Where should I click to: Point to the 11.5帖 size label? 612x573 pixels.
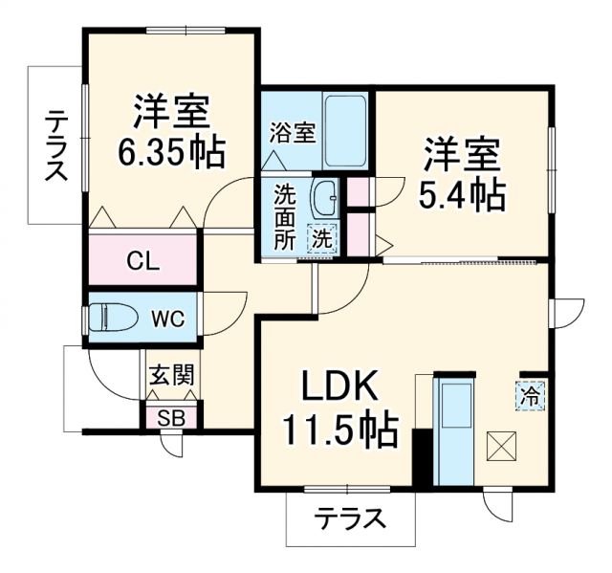pos(339,432)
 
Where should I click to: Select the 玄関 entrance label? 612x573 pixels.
pos(171,373)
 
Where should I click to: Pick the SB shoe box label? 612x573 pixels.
pos(171,416)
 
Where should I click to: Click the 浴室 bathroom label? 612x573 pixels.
pos(292,132)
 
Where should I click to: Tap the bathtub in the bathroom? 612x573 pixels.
pos(345,131)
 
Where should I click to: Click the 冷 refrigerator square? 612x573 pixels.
pos(529,393)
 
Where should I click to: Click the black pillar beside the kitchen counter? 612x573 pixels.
pos(418,458)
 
